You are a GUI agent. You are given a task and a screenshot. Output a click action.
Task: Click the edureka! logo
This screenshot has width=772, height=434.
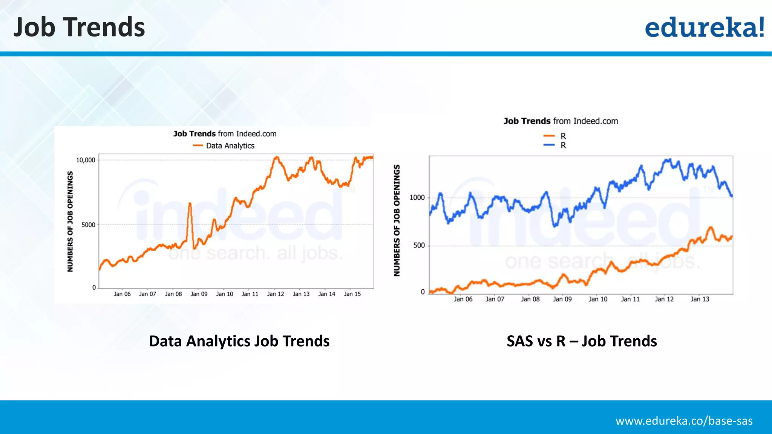[704, 27]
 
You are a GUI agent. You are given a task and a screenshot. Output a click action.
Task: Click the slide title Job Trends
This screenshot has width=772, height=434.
[79, 27]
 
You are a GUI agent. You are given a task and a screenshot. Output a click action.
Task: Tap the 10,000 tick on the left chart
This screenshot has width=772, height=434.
[86, 160]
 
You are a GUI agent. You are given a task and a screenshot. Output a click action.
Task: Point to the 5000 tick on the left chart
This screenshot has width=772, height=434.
[88, 225]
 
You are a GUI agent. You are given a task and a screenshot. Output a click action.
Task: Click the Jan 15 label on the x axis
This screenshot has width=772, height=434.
[352, 294]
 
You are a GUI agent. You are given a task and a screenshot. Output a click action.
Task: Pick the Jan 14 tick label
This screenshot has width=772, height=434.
[326, 294]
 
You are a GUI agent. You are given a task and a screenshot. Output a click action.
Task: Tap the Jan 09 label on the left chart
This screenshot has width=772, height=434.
[199, 294]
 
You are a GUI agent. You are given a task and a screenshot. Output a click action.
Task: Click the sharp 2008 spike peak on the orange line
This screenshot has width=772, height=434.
[190, 204]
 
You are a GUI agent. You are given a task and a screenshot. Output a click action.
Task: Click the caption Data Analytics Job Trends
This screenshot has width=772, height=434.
[239, 341]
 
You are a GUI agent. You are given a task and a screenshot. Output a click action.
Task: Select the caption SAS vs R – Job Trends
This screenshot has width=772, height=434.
[582, 341]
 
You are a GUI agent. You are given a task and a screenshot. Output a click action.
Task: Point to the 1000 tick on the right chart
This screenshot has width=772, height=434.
[417, 198]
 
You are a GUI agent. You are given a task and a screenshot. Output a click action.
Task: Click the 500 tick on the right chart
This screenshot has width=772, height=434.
[419, 246]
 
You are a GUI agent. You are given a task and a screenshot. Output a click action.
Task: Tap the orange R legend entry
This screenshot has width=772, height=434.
[555, 136]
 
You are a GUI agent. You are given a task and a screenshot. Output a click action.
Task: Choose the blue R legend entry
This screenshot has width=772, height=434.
[555, 145]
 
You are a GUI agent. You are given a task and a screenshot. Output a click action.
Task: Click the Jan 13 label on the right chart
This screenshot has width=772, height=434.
[700, 299]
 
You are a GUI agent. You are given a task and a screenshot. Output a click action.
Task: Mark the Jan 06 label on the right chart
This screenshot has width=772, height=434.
[463, 299]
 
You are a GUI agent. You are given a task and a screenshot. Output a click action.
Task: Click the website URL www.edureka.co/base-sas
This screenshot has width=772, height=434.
[684, 421]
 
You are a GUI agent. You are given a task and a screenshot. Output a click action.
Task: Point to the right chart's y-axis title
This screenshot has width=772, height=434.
[397, 220]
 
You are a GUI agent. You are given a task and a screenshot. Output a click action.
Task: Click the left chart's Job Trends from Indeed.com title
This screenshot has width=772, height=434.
[225, 134]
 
